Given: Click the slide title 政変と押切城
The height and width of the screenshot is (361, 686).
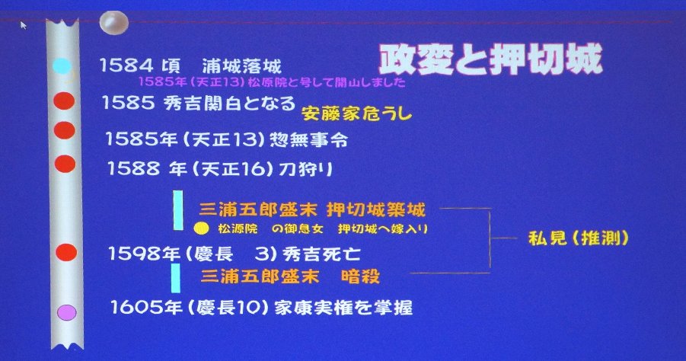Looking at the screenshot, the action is click(491, 59).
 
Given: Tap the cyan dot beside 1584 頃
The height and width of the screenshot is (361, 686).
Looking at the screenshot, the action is click(62, 66).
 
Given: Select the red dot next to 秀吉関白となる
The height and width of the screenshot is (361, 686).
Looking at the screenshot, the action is click(64, 101).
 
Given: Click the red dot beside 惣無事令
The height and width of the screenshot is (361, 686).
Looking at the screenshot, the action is click(64, 130).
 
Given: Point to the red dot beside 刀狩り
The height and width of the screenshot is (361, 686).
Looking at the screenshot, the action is click(65, 164).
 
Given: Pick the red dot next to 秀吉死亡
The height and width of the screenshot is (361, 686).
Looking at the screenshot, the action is click(66, 253).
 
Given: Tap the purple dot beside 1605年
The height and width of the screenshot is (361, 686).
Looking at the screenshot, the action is click(67, 312).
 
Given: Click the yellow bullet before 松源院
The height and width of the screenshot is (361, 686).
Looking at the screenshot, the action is click(201, 228).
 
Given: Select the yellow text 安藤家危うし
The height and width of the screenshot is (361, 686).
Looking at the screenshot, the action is click(356, 113).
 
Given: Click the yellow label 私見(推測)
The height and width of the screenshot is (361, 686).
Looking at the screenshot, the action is click(579, 238).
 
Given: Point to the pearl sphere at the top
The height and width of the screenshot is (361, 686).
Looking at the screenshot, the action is click(113, 22).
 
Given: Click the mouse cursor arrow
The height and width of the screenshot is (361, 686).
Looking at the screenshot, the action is click(23, 25).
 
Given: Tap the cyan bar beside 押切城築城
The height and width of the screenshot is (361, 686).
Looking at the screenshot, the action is click(178, 210).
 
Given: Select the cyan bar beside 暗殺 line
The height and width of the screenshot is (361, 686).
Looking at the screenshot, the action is click(175, 278).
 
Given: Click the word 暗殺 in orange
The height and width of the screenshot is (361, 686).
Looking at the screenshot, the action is click(360, 276).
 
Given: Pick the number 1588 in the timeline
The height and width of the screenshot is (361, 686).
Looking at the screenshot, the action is click(133, 168).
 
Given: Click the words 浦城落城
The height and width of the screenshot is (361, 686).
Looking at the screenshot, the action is click(241, 66).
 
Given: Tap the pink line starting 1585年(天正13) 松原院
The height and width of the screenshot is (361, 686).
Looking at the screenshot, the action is click(272, 81).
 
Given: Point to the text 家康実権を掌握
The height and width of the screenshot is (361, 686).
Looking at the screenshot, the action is click(343, 308).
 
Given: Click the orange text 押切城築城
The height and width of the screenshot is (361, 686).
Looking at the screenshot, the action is click(376, 210).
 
